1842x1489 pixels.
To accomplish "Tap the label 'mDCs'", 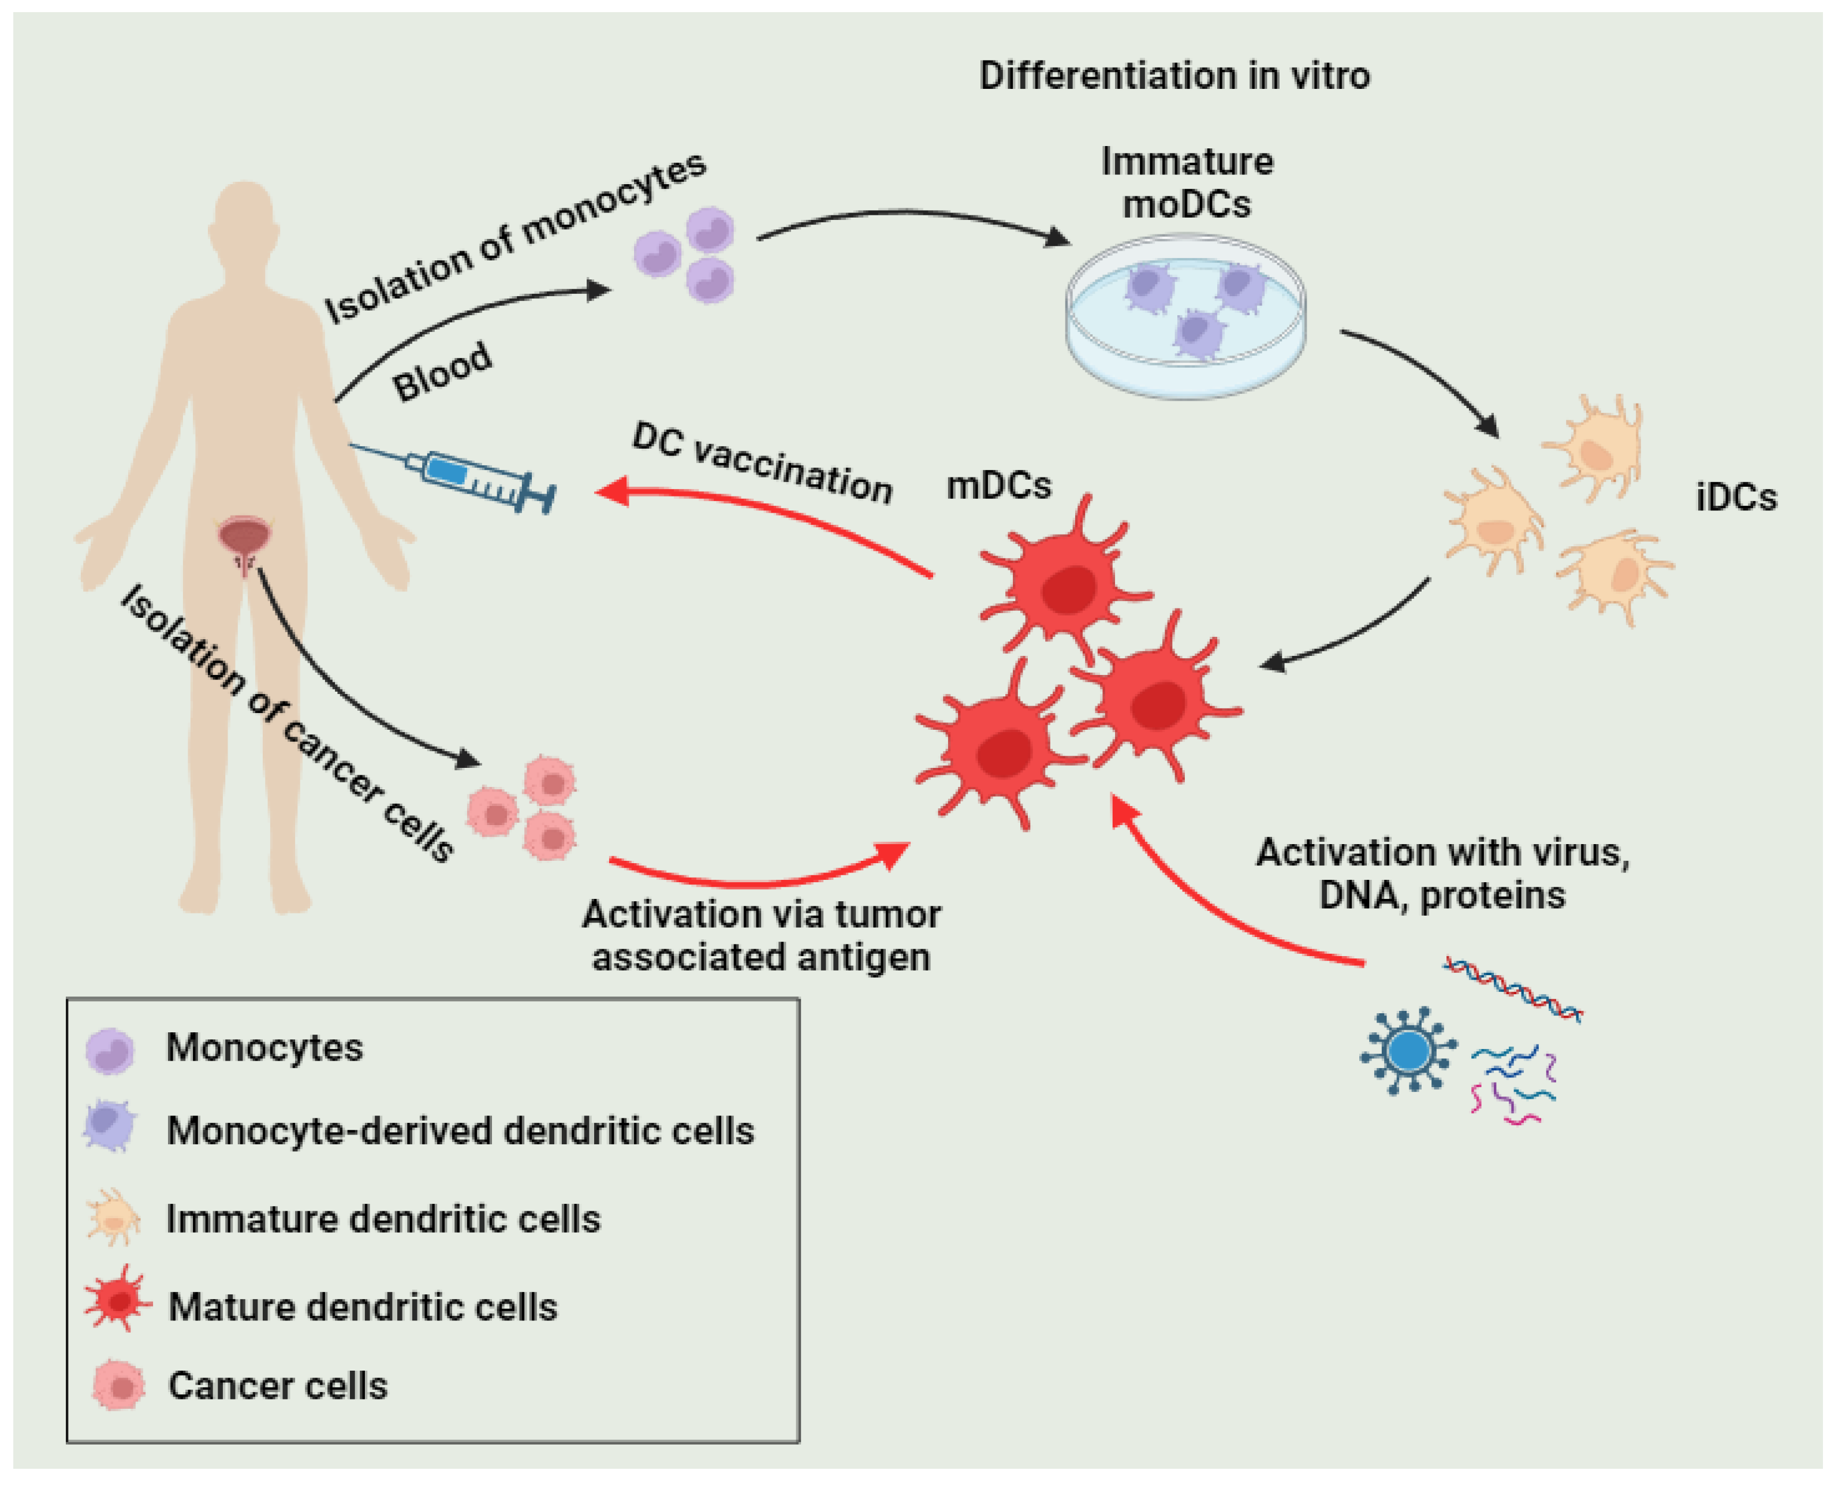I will (x=998, y=486).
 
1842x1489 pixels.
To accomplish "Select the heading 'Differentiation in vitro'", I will (x=1174, y=76).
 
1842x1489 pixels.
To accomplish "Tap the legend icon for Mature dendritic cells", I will (x=118, y=1300).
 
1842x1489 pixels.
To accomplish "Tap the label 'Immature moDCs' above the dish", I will (x=1187, y=182).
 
